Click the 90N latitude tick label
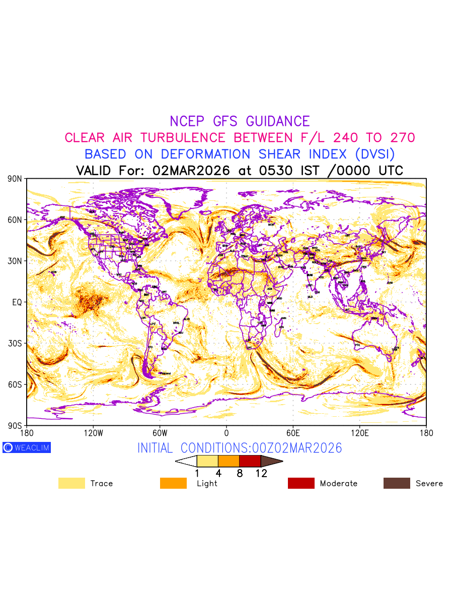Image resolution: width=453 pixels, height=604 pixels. tap(15, 179)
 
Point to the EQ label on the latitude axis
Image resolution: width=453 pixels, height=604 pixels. tap(17, 302)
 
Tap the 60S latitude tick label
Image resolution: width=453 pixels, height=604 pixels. tap(15, 385)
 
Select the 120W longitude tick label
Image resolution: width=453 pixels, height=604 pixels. tap(93, 433)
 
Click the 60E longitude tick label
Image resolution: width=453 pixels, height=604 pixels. tap(293, 433)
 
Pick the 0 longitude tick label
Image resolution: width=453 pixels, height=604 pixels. tap(226, 433)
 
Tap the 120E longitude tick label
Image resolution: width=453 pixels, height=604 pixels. tap(359, 433)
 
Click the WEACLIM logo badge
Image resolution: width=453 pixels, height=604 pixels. tap(27, 447)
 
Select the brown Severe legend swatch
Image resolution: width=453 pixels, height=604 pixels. tap(397, 483)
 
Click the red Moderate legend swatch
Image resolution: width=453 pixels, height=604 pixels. tap(301, 483)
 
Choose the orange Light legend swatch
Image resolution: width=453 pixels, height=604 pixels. tap(173, 483)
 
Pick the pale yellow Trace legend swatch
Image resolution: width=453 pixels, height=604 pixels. tap(71, 483)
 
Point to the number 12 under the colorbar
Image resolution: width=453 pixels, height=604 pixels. tap(261, 473)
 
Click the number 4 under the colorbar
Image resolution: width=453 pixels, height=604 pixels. tap(218, 473)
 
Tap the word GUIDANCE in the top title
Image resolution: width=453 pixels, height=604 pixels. tap(278, 121)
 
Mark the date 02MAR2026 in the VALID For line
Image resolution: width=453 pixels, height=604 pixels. tap(191, 171)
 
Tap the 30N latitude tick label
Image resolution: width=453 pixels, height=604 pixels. tap(15, 261)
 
